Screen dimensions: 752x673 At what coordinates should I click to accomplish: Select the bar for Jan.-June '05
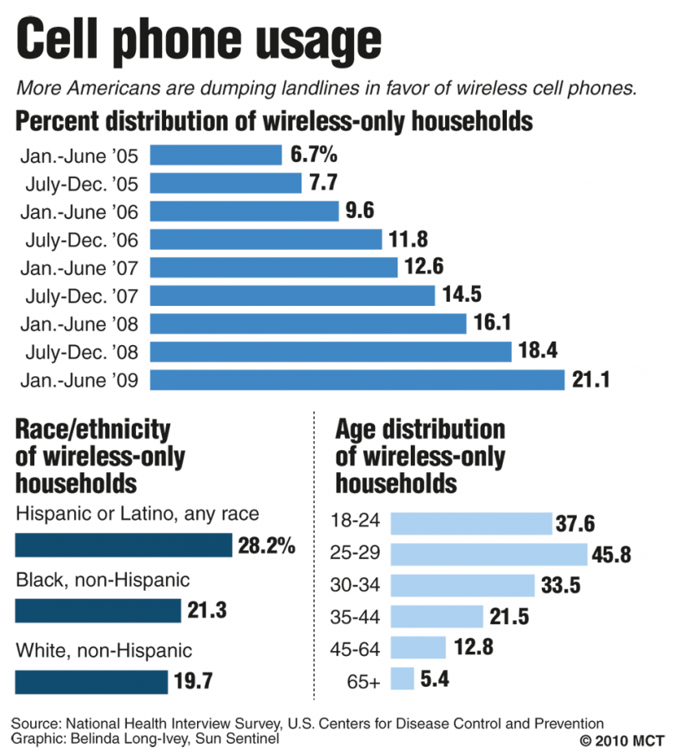point(215,155)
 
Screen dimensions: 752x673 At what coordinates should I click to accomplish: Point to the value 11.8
point(408,240)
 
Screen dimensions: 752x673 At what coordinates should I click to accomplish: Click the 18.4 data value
point(539,352)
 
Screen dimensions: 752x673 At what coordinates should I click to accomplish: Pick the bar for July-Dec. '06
point(266,240)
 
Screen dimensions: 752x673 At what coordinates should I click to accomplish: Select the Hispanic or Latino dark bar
point(124,546)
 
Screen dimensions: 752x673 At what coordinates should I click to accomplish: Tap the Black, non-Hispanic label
point(103,579)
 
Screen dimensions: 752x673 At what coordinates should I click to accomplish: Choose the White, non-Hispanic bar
point(92,681)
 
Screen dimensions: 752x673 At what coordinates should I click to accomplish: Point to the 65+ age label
point(364,682)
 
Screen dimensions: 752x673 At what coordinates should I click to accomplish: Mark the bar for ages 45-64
point(417,648)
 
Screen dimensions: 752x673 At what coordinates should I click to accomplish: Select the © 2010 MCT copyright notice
point(620,740)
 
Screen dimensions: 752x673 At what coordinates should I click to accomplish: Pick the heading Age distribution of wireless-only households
point(420,456)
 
